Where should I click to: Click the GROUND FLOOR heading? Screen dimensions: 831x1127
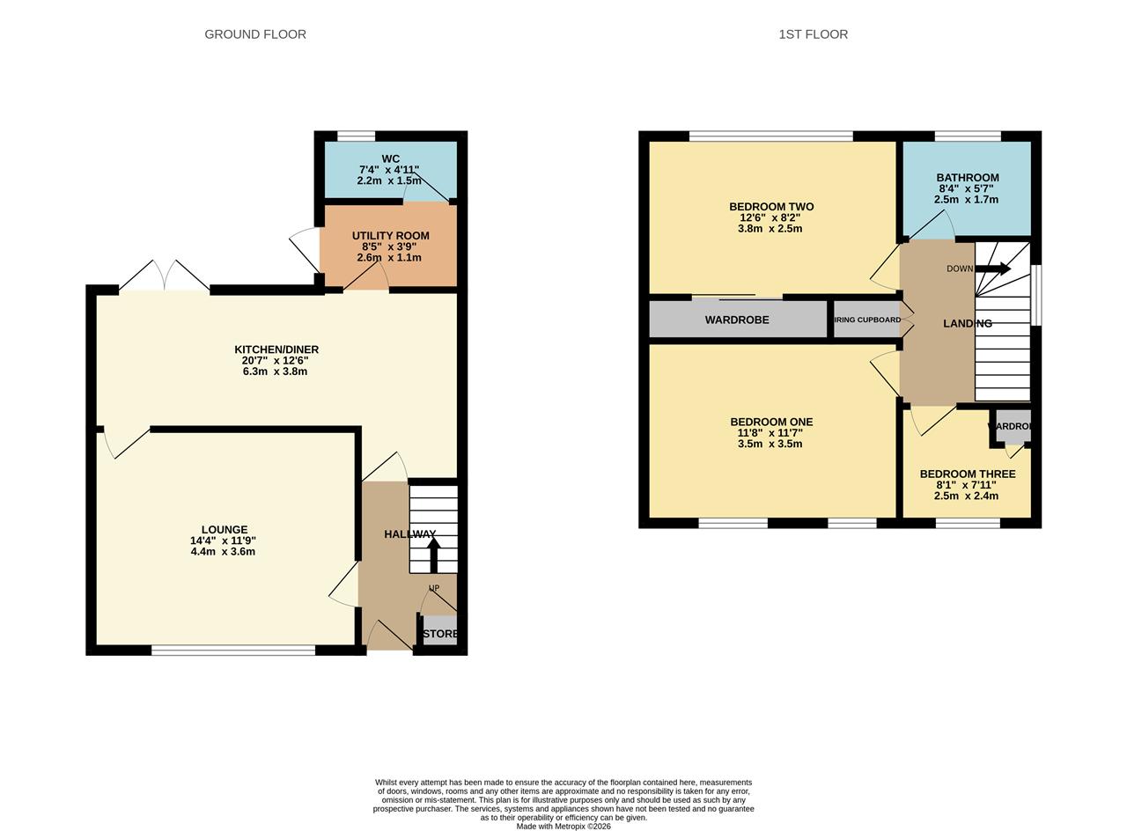tap(255, 34)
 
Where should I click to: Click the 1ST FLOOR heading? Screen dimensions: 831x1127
tap(813, 34)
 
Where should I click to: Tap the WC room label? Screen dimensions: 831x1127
tap(390, 159)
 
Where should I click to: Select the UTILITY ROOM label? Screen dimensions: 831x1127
tap(390, 236)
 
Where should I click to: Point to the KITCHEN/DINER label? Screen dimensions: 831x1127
tap(276, 349)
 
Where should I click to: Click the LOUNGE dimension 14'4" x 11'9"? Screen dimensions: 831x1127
tap(223, 541)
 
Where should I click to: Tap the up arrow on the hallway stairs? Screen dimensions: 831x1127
tap(433, 555)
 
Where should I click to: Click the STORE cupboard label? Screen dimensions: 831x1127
tap(440, 634)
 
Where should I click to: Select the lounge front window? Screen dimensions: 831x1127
tap(233, 651)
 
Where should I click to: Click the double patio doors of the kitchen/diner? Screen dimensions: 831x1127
tap(165, 276)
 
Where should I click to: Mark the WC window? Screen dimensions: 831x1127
tap(356, 136)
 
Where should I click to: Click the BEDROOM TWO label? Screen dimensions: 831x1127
tap(771, 207)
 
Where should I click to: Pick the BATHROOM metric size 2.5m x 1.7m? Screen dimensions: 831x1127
tap(966, 200)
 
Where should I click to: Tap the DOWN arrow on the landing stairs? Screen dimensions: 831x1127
tap(992, 268)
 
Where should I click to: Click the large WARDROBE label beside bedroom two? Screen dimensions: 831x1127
tap(737, 320)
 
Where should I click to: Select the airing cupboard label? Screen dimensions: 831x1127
tap(867, 320)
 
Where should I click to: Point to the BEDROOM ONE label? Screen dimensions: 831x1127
tap(771, 423)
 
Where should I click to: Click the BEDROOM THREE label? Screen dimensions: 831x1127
tap(968, 474)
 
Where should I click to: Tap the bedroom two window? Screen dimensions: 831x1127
tap(770, 136)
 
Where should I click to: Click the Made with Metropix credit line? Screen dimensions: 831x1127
tap(563, 827)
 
